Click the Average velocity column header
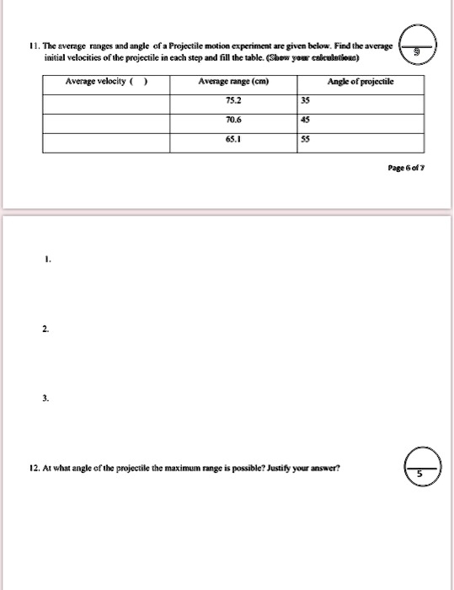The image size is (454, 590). [x=101, y=82]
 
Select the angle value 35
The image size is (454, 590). [x=305, y=101]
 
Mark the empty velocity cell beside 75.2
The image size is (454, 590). [x=106, y=101]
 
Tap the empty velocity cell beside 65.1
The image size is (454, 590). [x=106, y=140]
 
